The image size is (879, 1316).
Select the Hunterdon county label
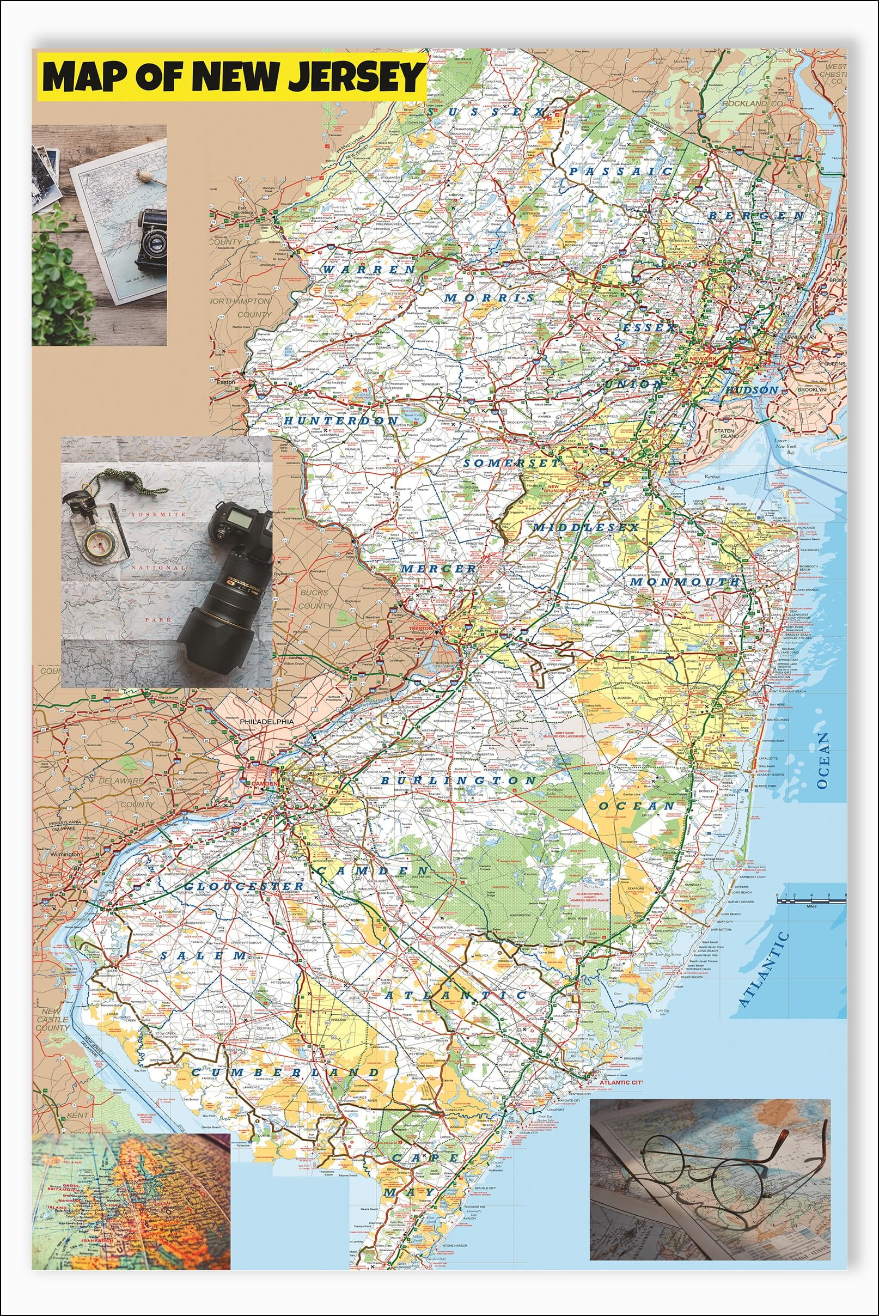340,420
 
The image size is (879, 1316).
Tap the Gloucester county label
243,886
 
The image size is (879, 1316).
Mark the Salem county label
203,955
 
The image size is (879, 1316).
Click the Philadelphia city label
266,722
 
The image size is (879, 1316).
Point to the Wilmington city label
64,854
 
